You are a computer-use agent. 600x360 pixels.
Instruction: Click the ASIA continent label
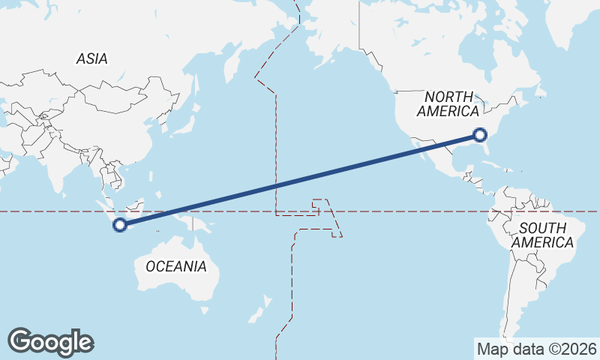[x=91, y=58]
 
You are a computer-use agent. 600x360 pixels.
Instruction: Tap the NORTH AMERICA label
[x=448, y=104]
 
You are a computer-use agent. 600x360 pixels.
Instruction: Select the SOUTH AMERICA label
[x=542, y=235]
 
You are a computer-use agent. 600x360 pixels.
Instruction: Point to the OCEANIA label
[x=175, y=266]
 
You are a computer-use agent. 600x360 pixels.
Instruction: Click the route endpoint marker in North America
[x=481, y=135]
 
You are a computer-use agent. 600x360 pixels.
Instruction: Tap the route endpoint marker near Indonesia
[x=119, y=224]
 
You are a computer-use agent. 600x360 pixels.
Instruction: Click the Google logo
[x=50, y=341]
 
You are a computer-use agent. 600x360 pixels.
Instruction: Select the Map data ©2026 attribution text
[x=536, y=349]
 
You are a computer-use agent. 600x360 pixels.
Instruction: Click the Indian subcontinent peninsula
[x=57, y=169]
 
